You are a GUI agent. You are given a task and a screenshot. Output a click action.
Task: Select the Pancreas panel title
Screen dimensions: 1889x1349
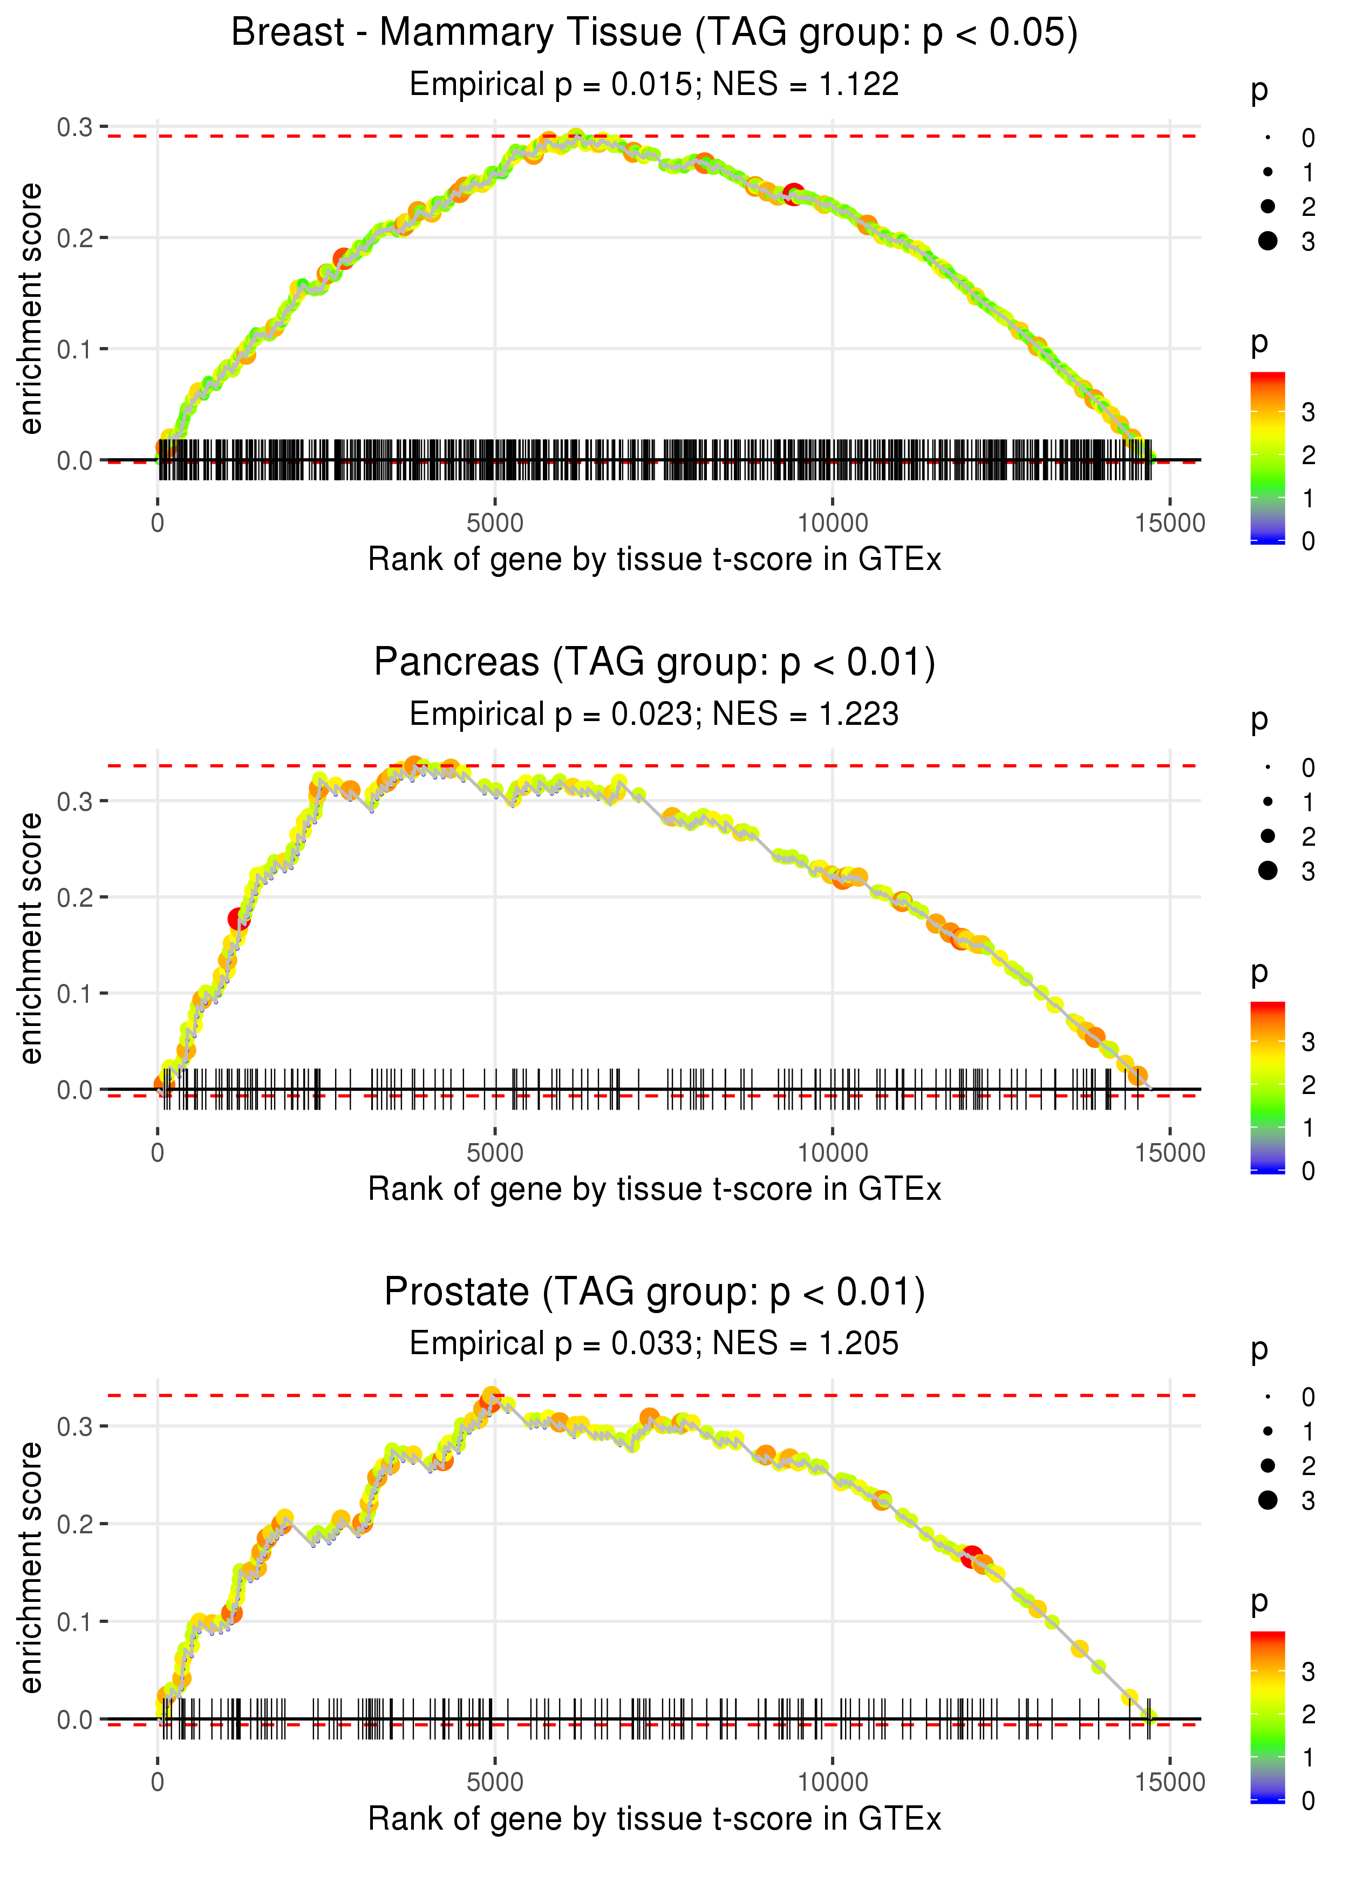[654, 663]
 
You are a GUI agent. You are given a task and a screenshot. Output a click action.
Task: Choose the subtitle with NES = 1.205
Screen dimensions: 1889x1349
[654, 1344]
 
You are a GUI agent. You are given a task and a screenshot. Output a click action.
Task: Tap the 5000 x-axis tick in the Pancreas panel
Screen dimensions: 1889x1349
[495, 1153]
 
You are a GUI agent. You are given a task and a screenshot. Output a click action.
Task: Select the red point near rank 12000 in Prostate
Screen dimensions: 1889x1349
[971, 1558]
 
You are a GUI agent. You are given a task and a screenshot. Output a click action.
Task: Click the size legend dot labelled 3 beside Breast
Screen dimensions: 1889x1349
[1268, 241]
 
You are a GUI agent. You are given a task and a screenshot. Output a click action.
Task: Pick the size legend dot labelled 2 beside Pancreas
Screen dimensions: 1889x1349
[1268, 835]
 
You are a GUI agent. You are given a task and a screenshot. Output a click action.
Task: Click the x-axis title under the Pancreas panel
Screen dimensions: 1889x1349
[654, 1190]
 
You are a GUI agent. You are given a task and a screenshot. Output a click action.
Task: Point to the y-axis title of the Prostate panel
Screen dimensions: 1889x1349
[31, 1567]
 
